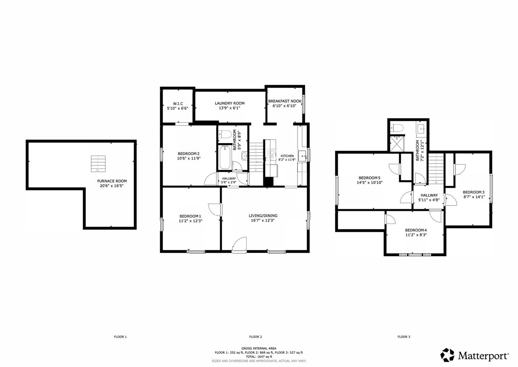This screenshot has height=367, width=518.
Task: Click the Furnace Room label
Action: pyautogui.click(x=112, y=181)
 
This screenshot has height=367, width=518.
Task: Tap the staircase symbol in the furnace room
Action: pyautogui.click(x=98, y=164)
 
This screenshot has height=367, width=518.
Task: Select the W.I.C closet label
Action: pyautogui.click(x=178, y=103)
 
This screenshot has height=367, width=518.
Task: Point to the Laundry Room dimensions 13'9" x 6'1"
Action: pyautogui.click(x=230, y=108)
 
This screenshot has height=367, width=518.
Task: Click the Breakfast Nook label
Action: pyautogui.click(x=285, y=101)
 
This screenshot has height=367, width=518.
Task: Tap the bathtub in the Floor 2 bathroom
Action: pyautogui.click(x=225, y=158)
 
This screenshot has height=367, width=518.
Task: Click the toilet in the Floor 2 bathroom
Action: pyautogui.click(x=225, y=134)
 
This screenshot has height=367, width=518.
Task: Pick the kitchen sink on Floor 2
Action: pyautogui.click(x=302, y=156)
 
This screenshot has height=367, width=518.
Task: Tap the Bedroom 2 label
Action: pyautogui.click(x=188, y=154)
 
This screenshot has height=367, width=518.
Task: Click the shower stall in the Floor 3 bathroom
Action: pyautogui.click(x=397, y=144)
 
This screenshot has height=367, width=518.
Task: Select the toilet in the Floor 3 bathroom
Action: pyautogui.click(x=397, y=128)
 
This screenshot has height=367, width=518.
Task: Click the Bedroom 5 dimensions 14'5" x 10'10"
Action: pyautogui.click(x=369, y=182)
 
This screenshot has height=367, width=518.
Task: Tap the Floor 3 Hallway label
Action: pyautogui.click(x=429, y=195)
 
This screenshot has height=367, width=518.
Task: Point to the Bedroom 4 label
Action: pyautogui.click(x=416, y=230)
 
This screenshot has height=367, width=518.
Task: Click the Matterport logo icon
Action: pyautogui.click(x=447, y=355)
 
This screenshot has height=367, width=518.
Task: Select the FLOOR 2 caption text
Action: pyautogui.click(x=255, y=337)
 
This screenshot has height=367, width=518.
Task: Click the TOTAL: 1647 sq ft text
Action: pyautogui.click(x=259, y=357)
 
